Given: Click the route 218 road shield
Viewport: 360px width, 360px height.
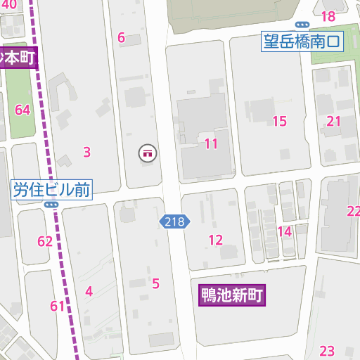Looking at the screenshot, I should pyautogui.click(x=174, y=222).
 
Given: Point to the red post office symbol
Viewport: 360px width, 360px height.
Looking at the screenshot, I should pyautogui.click(x=148, y=152).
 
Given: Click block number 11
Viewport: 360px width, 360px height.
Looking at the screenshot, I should pyautogui.click(x=211, y=144).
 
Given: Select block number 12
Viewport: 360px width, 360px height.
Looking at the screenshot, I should pyautogui.click(x=215, y=240).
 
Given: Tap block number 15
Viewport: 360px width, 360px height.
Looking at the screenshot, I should pyautogui.click(x=279, y=121).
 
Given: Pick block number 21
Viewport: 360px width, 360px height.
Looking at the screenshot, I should pyautogui.click(x=333, y=121).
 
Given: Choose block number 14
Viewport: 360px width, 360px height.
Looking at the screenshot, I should pyautogui.click(x=284, y=231).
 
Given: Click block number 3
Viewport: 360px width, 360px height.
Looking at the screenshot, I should pyautogui.click(x=86, y=152).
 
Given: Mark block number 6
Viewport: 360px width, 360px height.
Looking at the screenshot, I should pyautogui.click(x=121, y=38).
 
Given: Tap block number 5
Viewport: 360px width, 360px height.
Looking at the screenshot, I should pyautogui.click(x=155, y=284).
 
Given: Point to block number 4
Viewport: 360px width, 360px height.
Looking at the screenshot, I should pyautogui.click(x=89, y=291).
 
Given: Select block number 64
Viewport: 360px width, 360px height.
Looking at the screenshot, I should pyautogui.click(x=22, y=110).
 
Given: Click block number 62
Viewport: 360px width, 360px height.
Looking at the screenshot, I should pyautogui.click(x=45, y=242).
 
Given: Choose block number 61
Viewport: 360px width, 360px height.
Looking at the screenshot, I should pyautogui.click(x=58, y=306).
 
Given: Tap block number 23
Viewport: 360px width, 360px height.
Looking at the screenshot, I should pyautogui.click(x=327, y=351).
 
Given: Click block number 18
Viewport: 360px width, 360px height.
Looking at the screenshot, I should pyautogui.click(x=328, y=17).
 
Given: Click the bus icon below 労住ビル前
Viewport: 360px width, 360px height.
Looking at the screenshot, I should pyautogui.click(x=51, y=205).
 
